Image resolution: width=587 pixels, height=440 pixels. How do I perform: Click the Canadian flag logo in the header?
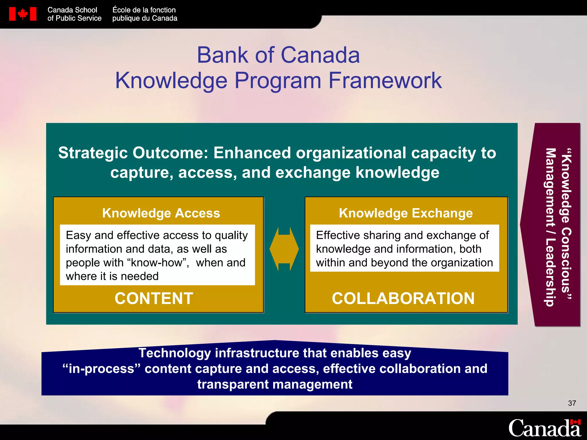click(x=23, y=14)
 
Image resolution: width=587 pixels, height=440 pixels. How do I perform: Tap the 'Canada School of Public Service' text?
click(x=74, y=14)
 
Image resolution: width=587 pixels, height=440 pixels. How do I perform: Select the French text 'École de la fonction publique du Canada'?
click(x=144, y=14)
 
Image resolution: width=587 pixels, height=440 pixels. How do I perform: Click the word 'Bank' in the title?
click(x=222, y=55)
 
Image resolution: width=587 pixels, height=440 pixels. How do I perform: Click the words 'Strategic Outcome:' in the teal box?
click(x=133, y=153)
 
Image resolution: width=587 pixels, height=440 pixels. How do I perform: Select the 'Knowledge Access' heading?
click(x=161, y=213)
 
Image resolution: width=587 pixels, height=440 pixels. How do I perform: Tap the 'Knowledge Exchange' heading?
click(x=406, y=213)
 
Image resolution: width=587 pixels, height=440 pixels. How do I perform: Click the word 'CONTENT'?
click(x=154, y=298)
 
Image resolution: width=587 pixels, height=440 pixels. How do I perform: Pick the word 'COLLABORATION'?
click(x=403, y=298)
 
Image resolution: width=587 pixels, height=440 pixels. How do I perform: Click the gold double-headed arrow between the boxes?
click(x=284, y=249)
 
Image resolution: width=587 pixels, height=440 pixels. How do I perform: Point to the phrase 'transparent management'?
click(x=275, y=384)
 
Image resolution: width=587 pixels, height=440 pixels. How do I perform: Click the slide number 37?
click(x=572, y=403)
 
